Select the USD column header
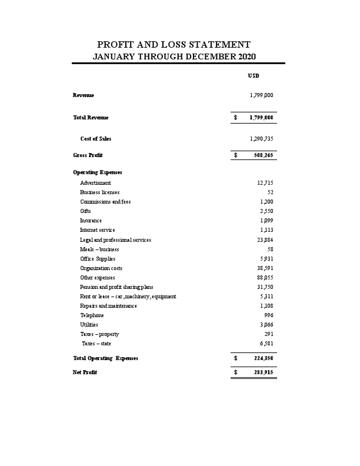point(254,76)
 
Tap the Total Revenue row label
point(91,118)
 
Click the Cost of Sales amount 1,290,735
point(261,139)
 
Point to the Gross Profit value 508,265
point(263,155)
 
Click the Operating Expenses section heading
point(98,172)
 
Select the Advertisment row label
point(95,183)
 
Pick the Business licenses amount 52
point(269,192)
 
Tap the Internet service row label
point(98,230)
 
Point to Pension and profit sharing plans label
point(116,287)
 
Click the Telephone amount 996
point(268,315)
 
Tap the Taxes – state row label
point(96,343)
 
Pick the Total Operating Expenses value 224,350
point(263,358)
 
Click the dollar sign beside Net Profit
point(235,372)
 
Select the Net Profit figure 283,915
point(263,372)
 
